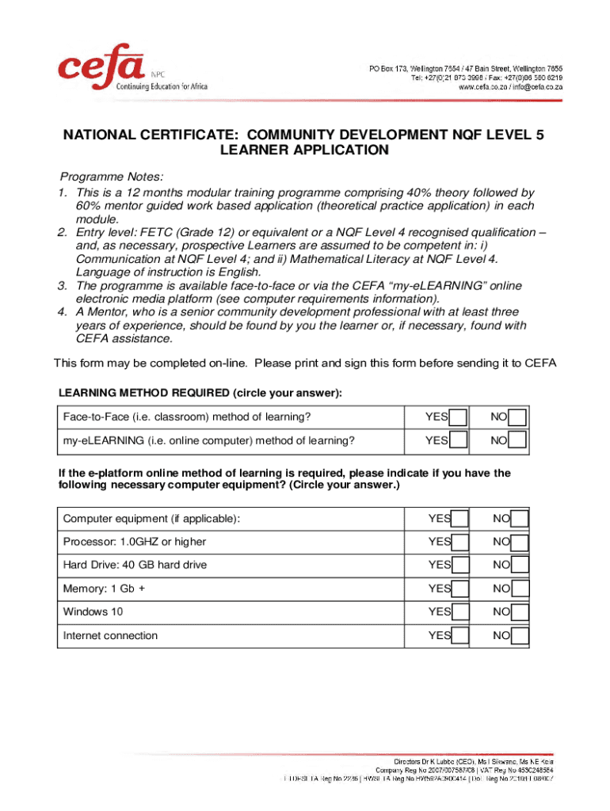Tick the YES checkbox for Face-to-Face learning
click(458, 417)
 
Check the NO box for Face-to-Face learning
click(517, 417)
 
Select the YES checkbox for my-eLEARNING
click(458, 440)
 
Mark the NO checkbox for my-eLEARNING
click(517, 440)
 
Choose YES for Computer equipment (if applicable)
click(460, 520)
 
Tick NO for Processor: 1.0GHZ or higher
click(520, 543)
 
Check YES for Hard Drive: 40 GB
click(460, 565)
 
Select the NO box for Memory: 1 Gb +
click(520, 589)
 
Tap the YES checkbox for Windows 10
click(460, 612)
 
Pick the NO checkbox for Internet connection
click(520, 636)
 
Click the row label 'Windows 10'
click(93, 612)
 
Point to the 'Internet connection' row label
click(110, 635)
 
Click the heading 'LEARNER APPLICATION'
click(304, 150)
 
